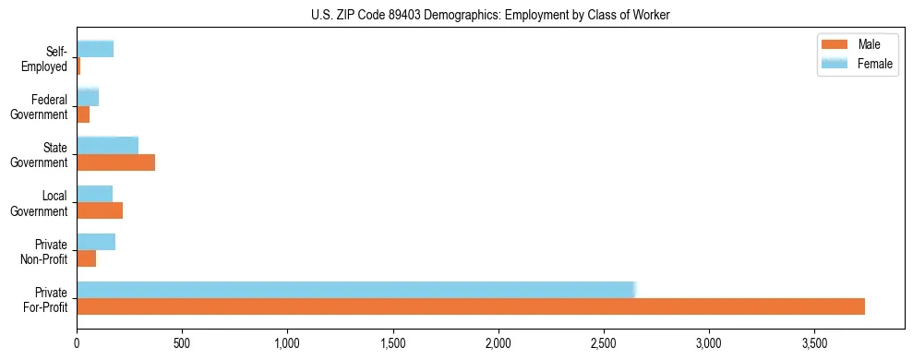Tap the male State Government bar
[115, 162]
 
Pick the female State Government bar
[107, 146]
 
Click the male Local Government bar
[100, 210]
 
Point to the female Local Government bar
[94, 194]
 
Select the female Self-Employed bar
[95, 49]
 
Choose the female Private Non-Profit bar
[96, 242]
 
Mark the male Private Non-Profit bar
[86, 258]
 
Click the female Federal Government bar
[88, 97]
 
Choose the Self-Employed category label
[47, 58]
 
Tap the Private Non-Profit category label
[45, 251]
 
